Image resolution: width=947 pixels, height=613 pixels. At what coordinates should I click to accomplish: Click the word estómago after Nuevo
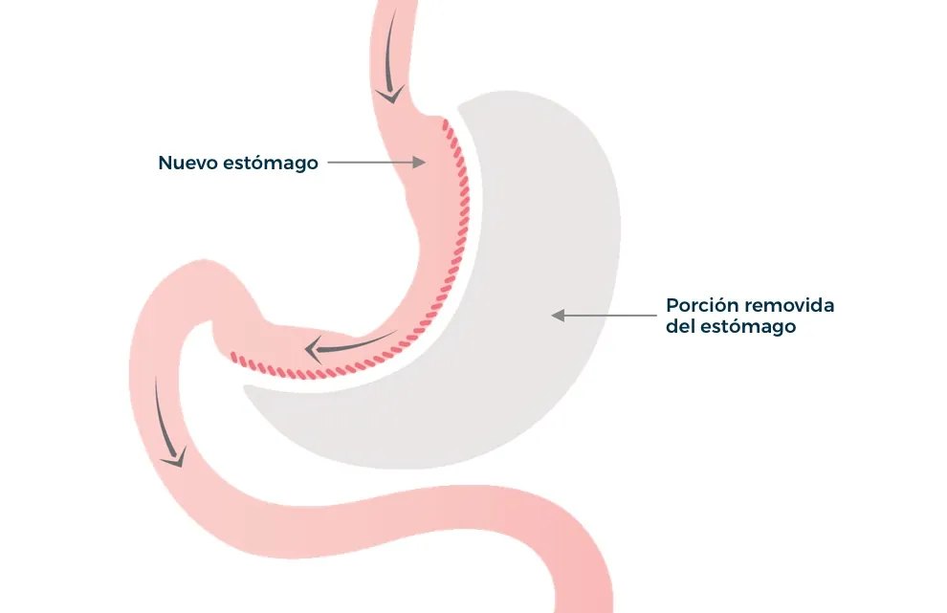coord(271,164)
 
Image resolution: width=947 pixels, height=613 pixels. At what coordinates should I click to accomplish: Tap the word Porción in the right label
coord(699,305)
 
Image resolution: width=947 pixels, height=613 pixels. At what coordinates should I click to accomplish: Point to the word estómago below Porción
coord(748,327)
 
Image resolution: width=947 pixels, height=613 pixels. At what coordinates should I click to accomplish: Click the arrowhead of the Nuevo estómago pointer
coord(419,162)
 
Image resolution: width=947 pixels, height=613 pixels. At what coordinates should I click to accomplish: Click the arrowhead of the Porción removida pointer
coord(558,316)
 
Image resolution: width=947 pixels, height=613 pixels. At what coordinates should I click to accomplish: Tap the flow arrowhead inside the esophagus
coord(390,95)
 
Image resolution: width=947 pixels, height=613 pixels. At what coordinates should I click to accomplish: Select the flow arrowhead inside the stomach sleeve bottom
coord(313,350)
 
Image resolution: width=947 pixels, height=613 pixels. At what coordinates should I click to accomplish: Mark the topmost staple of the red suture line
coord(445,124)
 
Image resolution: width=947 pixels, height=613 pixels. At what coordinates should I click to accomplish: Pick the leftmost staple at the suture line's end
coord(234,358)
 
